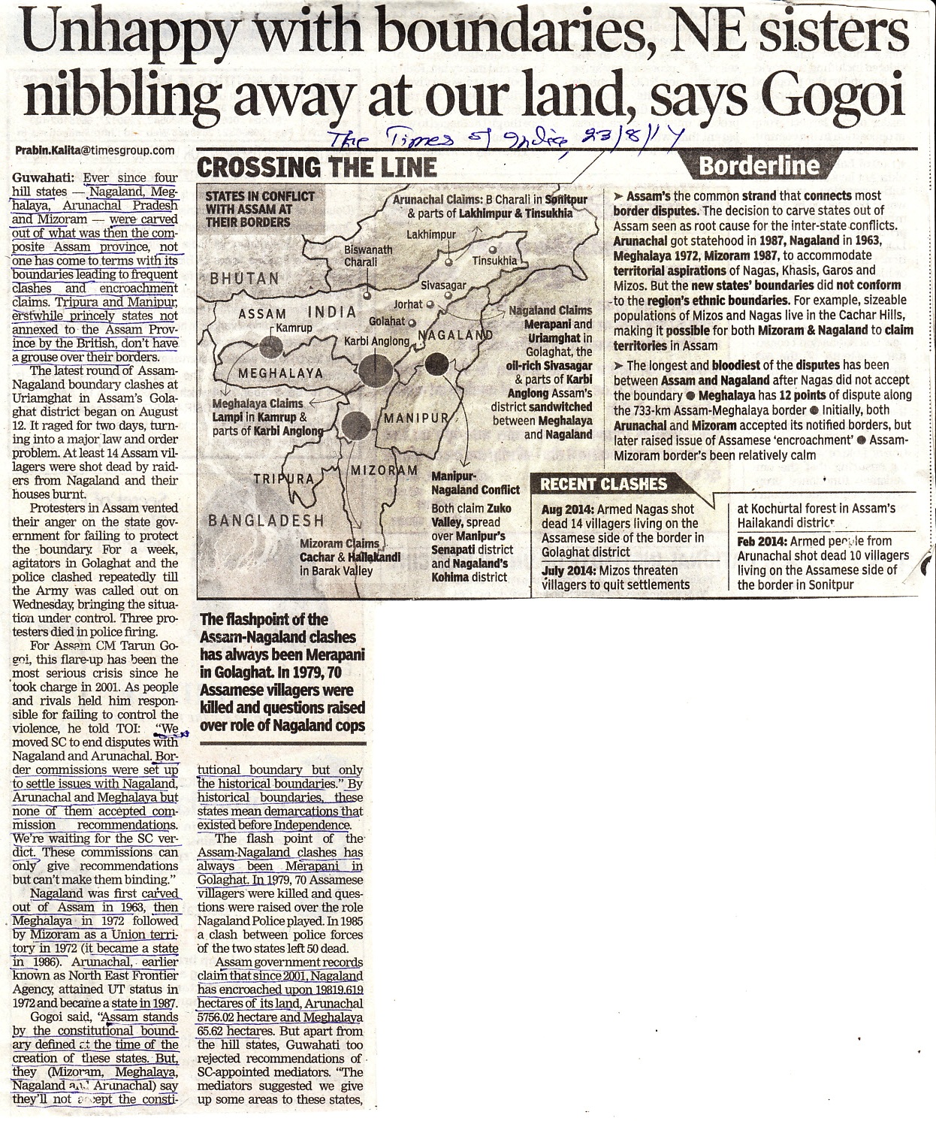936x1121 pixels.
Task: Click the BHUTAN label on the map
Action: tap(245, 278)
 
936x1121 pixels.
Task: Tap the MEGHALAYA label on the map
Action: tap(281, 373)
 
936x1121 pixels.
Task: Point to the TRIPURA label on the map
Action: tap(283, 479)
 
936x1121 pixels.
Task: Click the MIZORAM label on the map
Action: tap(385, 470)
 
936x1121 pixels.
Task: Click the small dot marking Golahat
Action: tap(412, 322)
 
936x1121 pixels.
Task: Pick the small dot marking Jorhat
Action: tap(430, 305)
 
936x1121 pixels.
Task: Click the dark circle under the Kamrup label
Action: tap(268, 347)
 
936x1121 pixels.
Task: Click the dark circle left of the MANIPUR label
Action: tap(356, 425)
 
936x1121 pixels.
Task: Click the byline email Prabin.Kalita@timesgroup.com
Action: tap(95, 150)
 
